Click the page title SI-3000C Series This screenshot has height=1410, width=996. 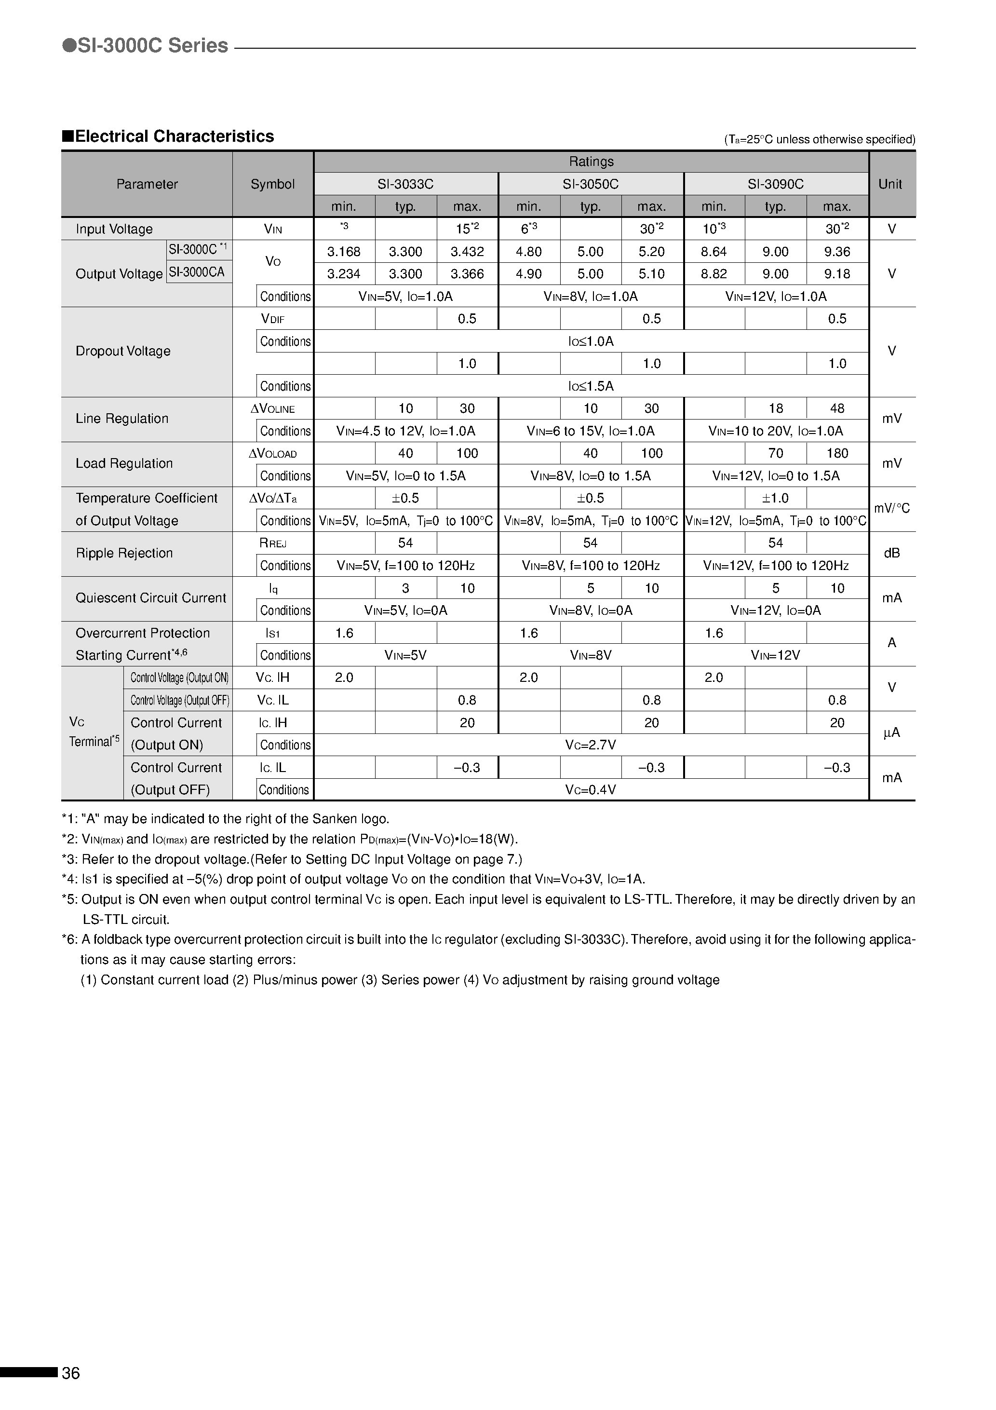[146, 45]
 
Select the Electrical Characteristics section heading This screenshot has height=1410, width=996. [168, 136]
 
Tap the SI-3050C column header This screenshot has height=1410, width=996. [590, 184]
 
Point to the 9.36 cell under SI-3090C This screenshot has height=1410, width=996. [837, 252]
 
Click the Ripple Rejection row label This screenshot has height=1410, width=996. [124, 553]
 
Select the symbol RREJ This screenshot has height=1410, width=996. [273, 543]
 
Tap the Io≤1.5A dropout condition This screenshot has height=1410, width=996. [590, 386]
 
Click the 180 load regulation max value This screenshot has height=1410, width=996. [837, 453]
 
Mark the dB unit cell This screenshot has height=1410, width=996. [891, 553]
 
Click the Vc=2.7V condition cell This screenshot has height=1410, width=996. [590, 745]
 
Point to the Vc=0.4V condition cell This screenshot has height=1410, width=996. [590, 790]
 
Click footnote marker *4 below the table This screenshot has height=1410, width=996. [70, 880]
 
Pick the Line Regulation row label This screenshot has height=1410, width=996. [121, 419]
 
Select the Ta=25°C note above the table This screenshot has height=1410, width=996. [819, 139]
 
